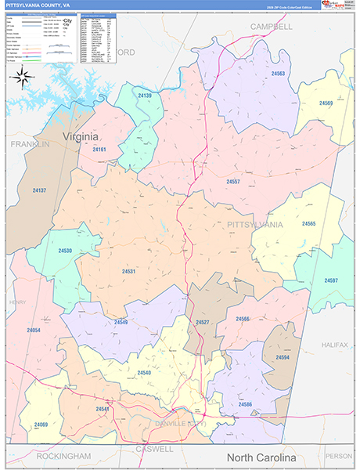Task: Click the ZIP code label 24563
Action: [278, 73]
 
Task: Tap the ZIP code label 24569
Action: [326, 103]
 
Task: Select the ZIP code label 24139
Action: [145, 96]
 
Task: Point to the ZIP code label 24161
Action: [99, 148]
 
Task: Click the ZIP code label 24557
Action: [233, 181]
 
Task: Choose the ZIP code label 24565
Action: [308, 224]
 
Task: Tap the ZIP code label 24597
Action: [331, 280]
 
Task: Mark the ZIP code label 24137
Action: [39, 190]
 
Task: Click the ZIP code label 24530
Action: [65, 251]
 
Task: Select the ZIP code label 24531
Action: [129, 271]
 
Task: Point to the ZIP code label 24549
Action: [121, 322]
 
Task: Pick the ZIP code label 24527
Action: [203, 323]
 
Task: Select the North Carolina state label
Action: [261, 457]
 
